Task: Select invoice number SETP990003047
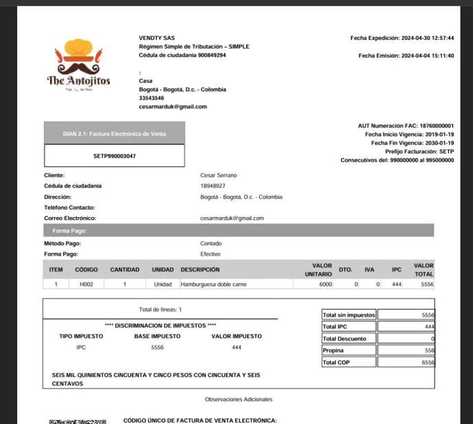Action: (x=115, y=156)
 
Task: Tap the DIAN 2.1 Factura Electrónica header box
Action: (x=115, y=134)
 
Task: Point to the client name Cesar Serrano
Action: (x=219, y=175)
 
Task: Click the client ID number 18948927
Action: (x=213, y=186)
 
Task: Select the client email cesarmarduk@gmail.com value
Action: (x=232, y=219)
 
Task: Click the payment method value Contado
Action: (x=211, y=243)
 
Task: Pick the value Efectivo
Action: (x=210, y=254)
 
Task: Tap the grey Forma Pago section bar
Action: (x=238, y=231)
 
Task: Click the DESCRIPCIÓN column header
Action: (x=200, y=270)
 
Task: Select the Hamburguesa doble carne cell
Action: (x=214, y=284)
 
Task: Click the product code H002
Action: (x=87, y=284)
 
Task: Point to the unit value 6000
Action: (x=325, y=284)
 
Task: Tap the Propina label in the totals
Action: (x=333, y=350)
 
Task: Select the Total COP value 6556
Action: (x=427, y=362)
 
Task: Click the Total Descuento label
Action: (x=344, y=339)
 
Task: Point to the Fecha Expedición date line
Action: (x=401, y=38)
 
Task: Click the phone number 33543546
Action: (x=151, y=98)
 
